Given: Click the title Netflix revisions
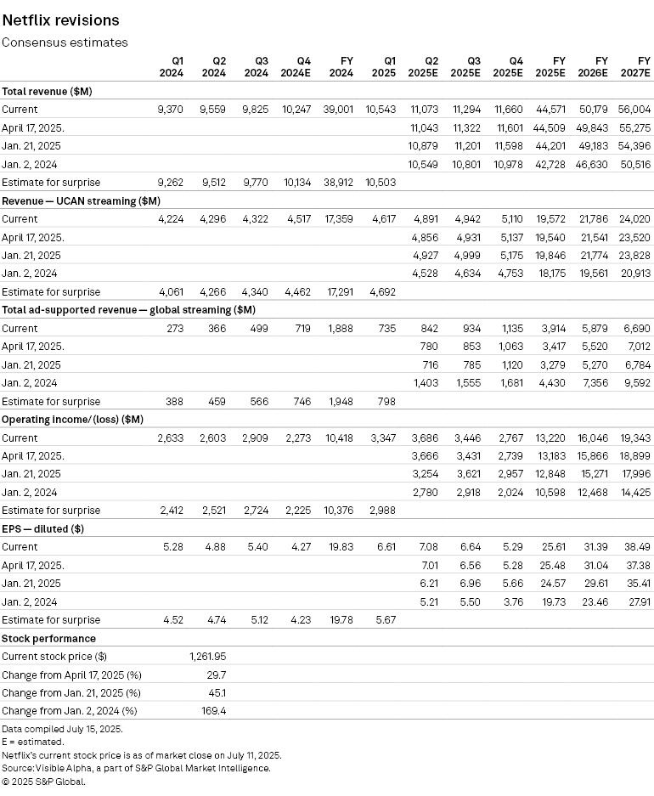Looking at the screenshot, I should pos(60,20).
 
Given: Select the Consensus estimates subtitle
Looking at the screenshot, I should pos(65,42).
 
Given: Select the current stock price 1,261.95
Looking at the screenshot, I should pos(206,656).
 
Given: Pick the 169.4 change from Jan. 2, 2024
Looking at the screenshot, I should pos(213,710).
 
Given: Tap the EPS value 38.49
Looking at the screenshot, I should pos(638,546).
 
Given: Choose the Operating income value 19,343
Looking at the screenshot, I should pos(635,438).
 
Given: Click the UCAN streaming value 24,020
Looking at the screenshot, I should pos(635,218).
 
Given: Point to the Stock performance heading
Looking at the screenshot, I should pos(48,638).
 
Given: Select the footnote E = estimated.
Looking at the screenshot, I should pos(32,742).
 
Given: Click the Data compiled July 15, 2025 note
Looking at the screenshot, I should pos(62,729).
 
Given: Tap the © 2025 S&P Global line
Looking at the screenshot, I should pos(43,781).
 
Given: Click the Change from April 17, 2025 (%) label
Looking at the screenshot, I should pos(71,674).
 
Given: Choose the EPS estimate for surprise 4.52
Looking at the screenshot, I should pos(173,619).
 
